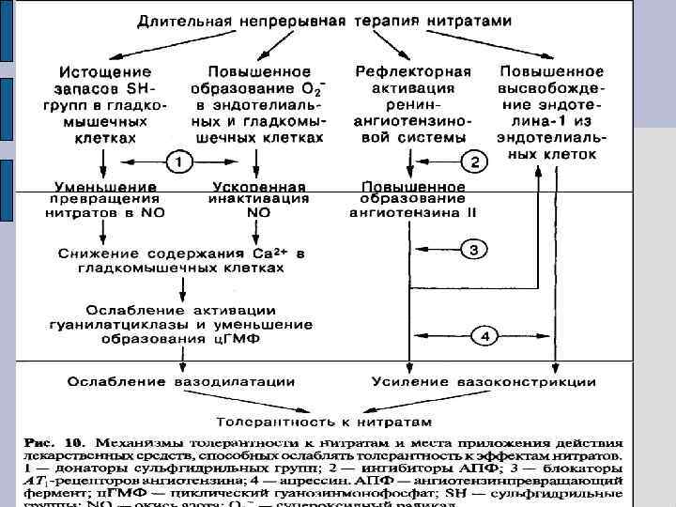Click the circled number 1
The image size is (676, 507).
[178, 162]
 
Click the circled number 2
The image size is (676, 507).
[475, 162]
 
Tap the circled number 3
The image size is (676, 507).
[474, 249]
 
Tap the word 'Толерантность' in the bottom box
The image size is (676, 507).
[269, 421]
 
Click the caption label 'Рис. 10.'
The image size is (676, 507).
[51, 439]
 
